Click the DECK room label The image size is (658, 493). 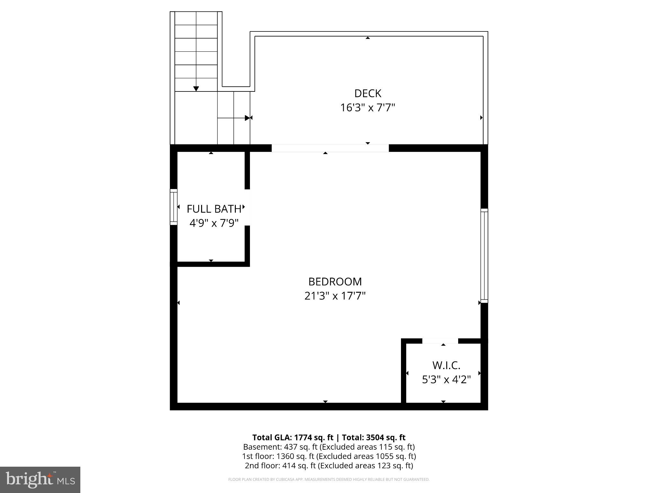368,93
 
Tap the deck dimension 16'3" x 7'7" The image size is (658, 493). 368,108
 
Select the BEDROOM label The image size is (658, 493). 335,281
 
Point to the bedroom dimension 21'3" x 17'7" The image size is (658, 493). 335,296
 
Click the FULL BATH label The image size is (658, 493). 214,209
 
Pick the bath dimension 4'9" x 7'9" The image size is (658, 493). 214,223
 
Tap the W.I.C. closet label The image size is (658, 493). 446,365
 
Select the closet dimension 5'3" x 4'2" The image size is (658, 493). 446,380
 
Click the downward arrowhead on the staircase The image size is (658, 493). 196,89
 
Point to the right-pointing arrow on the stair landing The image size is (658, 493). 247,118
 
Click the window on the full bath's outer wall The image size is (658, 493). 173,207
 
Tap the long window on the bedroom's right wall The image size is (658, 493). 484,255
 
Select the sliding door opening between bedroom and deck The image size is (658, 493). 330,148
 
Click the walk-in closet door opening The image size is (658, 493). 440,341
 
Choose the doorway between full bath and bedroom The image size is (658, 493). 247,207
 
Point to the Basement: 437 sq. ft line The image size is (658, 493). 329,447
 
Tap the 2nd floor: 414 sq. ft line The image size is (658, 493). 329,465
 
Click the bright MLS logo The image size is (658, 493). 40,480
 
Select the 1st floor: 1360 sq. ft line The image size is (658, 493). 329,456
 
